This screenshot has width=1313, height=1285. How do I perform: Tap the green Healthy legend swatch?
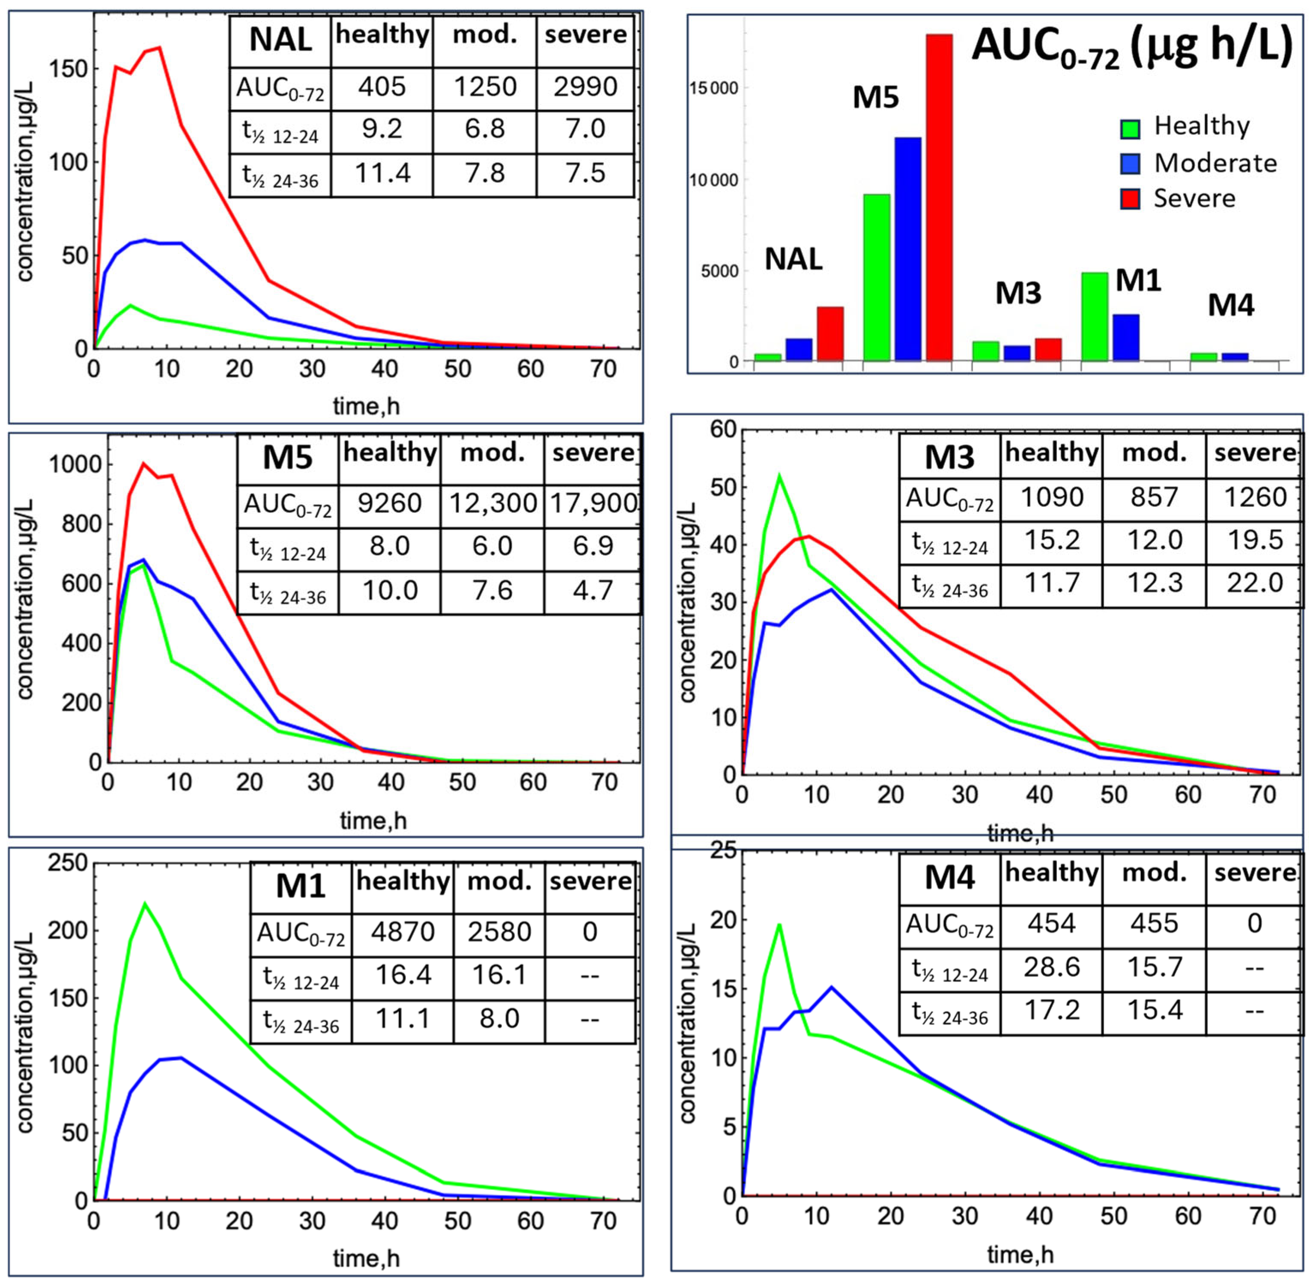1130,129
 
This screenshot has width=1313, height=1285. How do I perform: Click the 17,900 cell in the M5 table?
593,503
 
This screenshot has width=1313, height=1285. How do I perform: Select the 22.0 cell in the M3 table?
1254,583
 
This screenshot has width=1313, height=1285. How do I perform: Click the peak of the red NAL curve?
159,47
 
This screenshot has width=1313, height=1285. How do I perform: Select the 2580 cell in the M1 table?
499,931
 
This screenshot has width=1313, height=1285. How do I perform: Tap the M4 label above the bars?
1230,305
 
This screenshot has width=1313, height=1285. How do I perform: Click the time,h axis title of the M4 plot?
1020,1255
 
